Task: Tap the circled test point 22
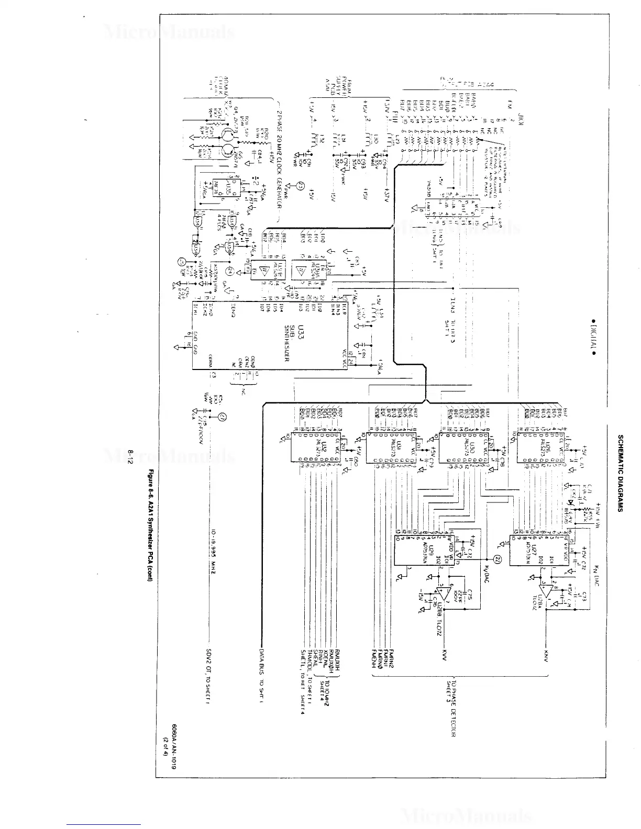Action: [x=498, y=558]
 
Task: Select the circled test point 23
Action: [x=300, y=185]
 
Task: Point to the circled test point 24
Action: [x=229, y=271]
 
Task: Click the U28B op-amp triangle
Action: [x=444, y=593]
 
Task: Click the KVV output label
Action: [x=444, y=655]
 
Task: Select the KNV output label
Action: [x=546, y=655]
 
